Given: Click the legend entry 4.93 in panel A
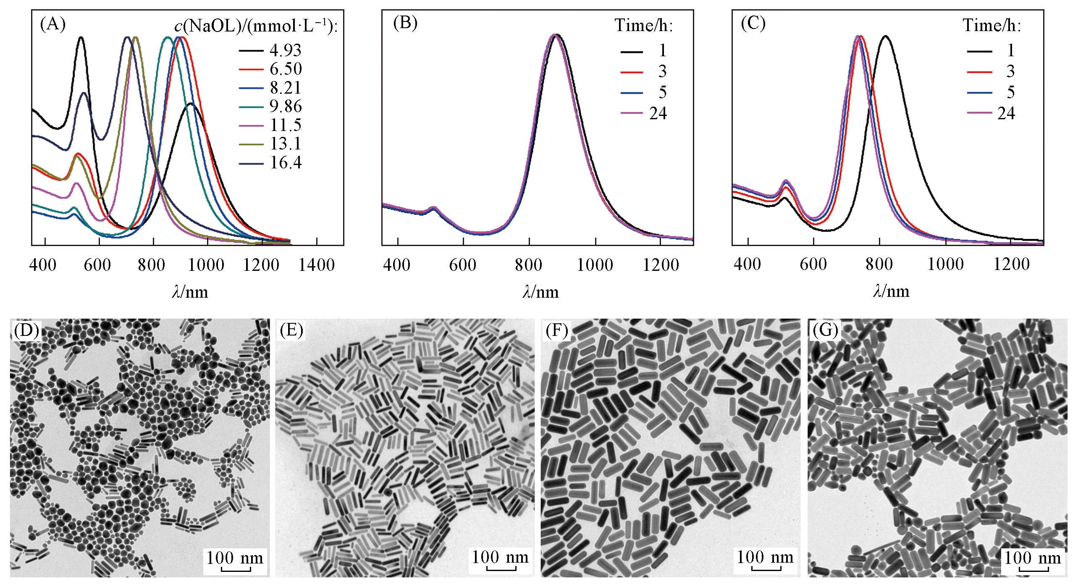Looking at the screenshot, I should (x=286, y=50).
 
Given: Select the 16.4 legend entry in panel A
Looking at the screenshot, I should (x=286, y=162).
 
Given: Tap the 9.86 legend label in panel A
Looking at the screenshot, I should (x=286, y=106).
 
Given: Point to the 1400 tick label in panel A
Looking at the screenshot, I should (x=316, y=265).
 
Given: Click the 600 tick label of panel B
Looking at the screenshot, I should (x=462, y=265).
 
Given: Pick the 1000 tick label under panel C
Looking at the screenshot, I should (x=945, y=264).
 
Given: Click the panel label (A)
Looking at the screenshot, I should (x=53, y=24).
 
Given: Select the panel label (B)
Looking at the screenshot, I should (x=405, y=23).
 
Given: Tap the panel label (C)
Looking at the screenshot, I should (x=753, y=23).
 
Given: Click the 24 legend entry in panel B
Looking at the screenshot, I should (x=658, y=113).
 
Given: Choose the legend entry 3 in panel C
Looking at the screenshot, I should (x=1010, y=71).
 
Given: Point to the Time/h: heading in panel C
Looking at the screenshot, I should (x=991, y=26).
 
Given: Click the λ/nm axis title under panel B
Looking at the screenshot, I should (x=540, y=292).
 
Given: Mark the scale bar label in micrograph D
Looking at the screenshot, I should (x=235, y=558).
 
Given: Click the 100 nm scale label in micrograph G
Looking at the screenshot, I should (x=1033, y=558).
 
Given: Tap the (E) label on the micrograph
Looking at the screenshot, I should (x=291, y=330).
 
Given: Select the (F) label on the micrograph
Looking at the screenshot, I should (x=556, y=330).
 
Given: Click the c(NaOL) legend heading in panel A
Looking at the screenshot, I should (x=256, y=26).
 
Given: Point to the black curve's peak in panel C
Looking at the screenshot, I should (x=886, y=36).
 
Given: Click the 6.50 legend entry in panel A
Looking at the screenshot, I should (x=286, y=69).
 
